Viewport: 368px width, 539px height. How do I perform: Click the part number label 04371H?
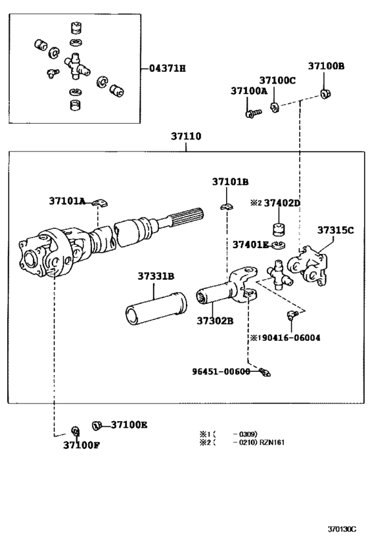168,68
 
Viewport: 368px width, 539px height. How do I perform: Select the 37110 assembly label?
186,136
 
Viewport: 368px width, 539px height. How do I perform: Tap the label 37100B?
326,66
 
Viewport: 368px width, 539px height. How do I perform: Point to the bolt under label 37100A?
254,113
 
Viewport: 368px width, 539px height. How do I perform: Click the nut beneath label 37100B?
325,93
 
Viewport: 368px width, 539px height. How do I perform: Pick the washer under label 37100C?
275,107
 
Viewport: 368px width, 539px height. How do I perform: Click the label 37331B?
156,276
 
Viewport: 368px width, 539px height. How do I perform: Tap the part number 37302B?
215,321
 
